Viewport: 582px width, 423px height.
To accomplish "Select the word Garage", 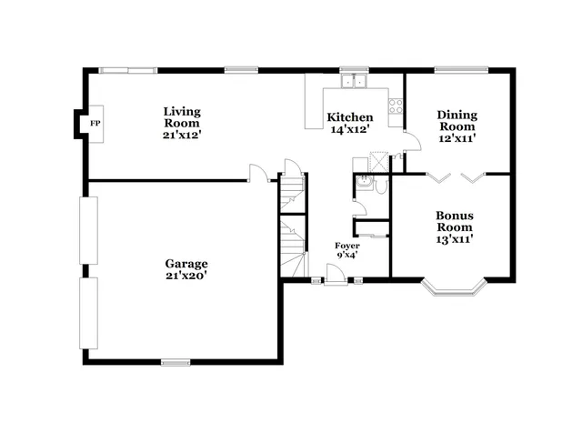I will coord(186,264).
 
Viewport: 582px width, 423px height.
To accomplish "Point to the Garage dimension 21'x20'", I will coord(186,276).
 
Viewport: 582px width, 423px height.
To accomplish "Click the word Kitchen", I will coord(350,117).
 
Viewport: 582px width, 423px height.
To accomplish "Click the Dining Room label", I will coord(457,121).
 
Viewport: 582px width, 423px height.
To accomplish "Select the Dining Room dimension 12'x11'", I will coord(457,139).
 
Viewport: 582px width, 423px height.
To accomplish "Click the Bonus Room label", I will coord(454,221).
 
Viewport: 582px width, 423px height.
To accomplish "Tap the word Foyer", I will coord(346,246).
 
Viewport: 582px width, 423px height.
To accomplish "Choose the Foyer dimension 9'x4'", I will coord(346,256).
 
